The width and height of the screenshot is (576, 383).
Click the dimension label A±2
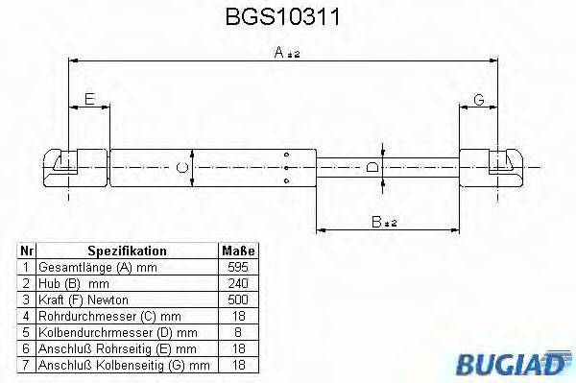[x=285, y=56]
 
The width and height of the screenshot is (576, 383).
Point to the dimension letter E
[x=88, y=99]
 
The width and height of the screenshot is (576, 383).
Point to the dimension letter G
[x=477, y=99]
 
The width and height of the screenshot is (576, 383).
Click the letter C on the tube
[x=183, y=168]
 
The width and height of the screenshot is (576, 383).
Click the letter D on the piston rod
[x=373, y=168]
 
